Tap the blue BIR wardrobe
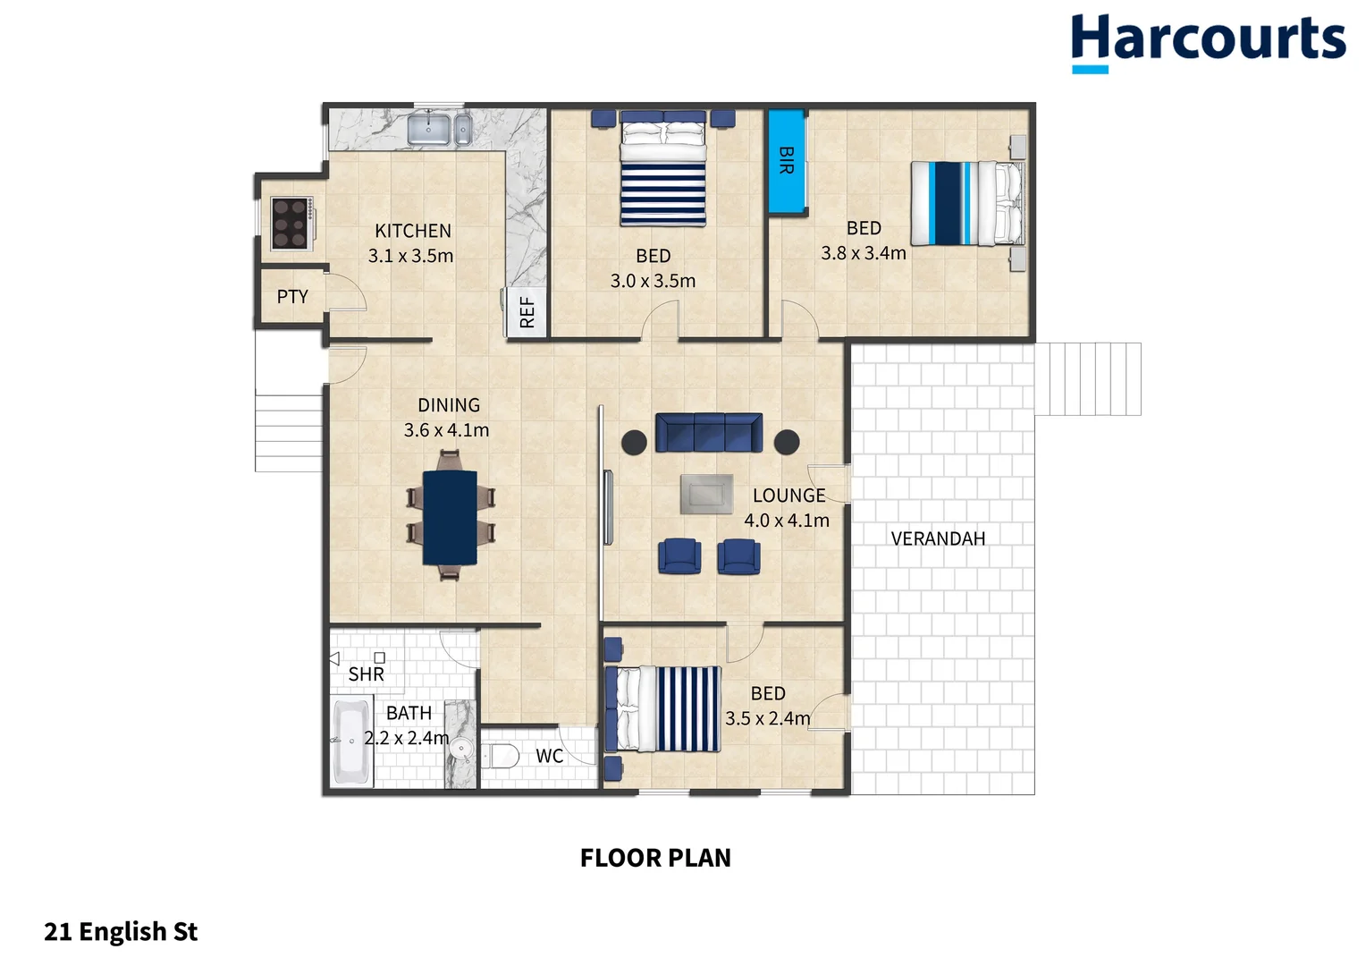tap(787, 161)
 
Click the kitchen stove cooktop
tap(291, 223)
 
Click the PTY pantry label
tap(292, 297)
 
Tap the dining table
tap(450, 517)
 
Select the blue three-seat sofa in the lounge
tap(708, 432)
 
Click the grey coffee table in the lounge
tap(706, 494)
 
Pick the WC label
tap(549, 756)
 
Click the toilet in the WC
tap(502, 756)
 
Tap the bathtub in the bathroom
tap(351, 741)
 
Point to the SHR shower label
tap(366, 674)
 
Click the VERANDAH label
tap(938, 538)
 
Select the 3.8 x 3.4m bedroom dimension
tap(864, 253)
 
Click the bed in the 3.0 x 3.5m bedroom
tap(662, 170)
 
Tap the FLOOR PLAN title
tap(655, 858)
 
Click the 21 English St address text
tap(121, 932)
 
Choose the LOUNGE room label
tap(788, 496)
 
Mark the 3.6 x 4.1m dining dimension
tap(446, 430)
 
